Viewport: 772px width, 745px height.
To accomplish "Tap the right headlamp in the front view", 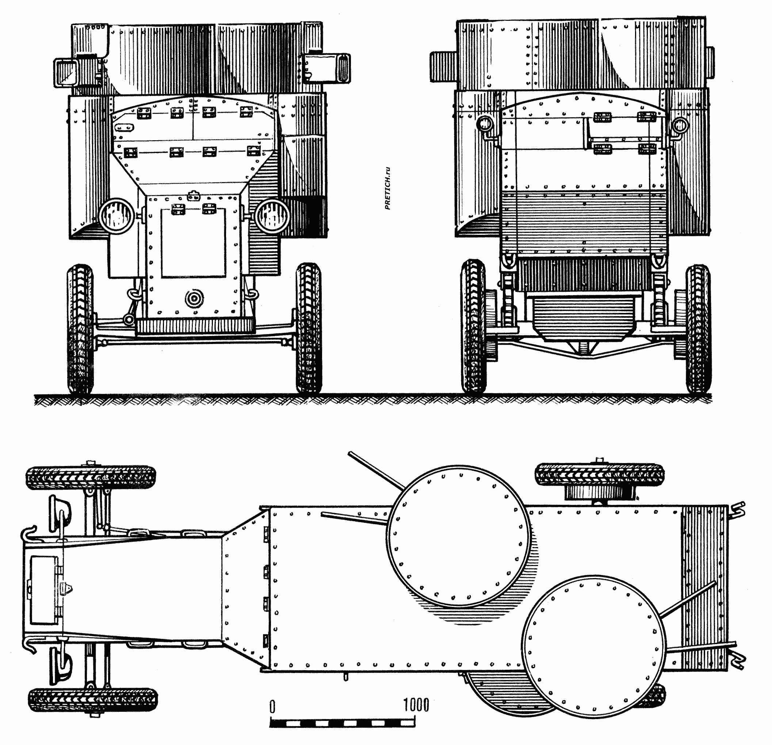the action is click(271, 215).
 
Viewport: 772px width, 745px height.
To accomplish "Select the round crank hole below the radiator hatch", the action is click(194, 298).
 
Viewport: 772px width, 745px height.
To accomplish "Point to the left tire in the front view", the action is click(80, 329).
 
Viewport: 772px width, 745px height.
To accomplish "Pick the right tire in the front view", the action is click(309, 328).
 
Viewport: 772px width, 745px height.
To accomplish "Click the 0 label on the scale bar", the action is click(272, 706).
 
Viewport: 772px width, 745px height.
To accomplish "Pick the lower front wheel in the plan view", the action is click(93, 700).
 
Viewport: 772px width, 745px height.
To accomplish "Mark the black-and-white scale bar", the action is click(342, 723).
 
